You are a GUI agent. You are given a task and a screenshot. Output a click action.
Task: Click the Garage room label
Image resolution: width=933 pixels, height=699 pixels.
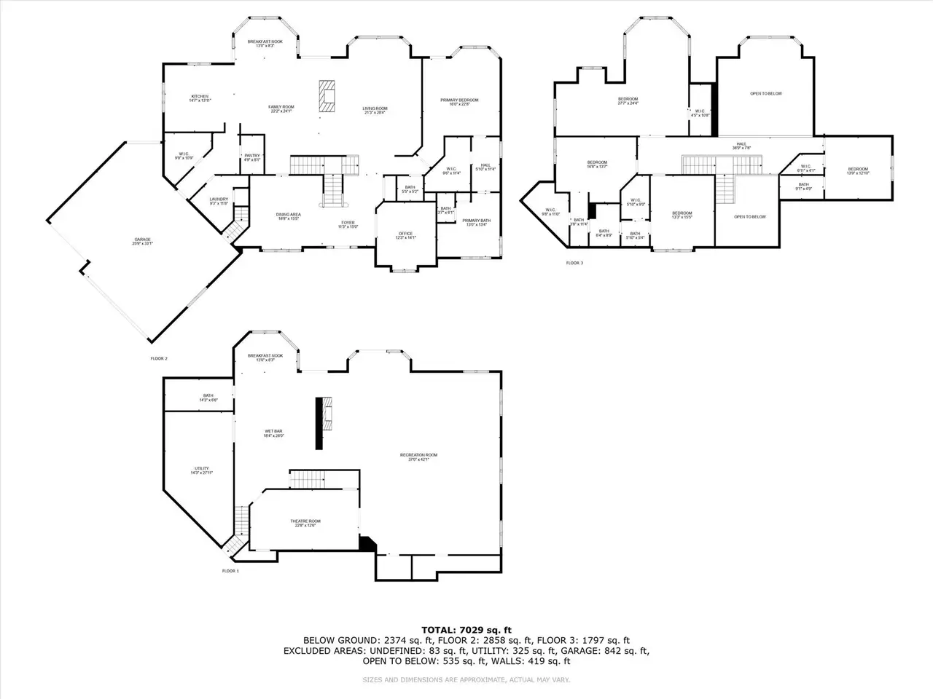point(141,241)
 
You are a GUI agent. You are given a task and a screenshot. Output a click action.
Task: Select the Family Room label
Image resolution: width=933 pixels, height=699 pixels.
point(281,109)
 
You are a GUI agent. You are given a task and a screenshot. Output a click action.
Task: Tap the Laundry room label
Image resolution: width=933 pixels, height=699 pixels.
point(219,201)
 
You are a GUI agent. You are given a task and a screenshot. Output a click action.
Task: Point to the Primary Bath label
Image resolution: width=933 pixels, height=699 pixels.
point(476,222)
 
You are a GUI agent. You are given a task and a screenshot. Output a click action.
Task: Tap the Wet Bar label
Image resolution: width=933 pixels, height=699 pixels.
point(273,433)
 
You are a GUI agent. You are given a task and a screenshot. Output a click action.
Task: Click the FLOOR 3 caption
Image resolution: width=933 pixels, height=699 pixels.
point(574,263)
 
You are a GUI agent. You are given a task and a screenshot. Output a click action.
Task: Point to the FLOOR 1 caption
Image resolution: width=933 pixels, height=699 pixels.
point(230,571)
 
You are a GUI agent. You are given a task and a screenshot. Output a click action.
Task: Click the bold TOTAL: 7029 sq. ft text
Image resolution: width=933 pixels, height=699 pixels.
point(466,630)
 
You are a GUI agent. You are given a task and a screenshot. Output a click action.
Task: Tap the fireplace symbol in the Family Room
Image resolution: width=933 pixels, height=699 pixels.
point(327,95)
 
